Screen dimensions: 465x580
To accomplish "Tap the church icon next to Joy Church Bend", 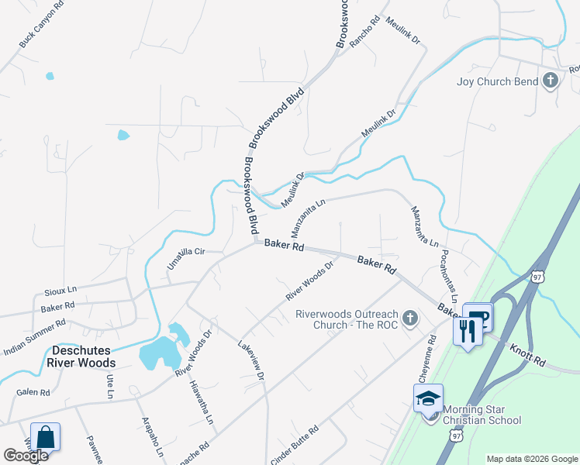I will [551, 81].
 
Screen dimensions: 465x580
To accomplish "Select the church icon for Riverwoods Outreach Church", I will [410, 318].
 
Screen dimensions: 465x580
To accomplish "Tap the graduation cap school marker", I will [427, 398].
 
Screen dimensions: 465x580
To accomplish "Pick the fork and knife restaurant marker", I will [467, 332].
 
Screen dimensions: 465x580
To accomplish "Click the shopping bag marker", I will [46, 437].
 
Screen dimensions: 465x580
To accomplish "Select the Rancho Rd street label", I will [364, 32].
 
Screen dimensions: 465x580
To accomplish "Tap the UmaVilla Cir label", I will [185, 259].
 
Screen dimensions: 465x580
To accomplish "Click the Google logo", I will [26, 456].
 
